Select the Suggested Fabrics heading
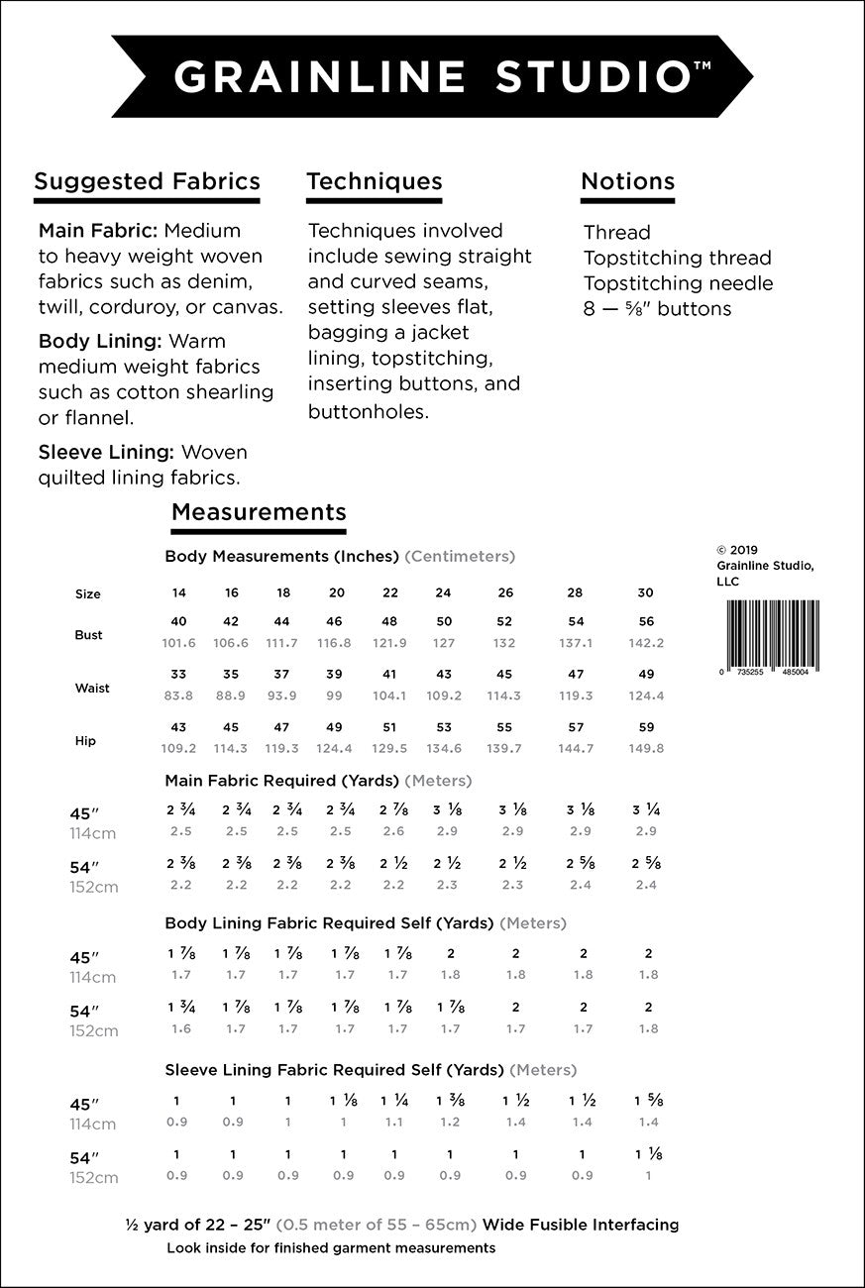pyautogui.click(x=147, y=181)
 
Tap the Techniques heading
pyautogui.click(x=374, y=181)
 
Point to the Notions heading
pyautogui.click(x=627, y=181)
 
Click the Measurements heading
pyautogui.click(x=259, y=512)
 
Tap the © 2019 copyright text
pyautogui.click(x=736, y=548)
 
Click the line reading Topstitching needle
pyautogui.click(x=678, y=283)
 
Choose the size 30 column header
pyautogui.click(x=645, y=592)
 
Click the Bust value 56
pyautogui.click(x=646, y=621)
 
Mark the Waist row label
pyautogui.click(x=92, y=688)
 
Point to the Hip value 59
pyautogui.click(x=646, y=727)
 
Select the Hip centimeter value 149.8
pyautogui.click(x=646, y=748)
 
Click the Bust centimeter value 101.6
pyautogui.click(x=178, y=642)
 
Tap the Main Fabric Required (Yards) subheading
pyautogui.click(x=282, y=781)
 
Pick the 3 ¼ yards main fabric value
pyautogui.click(x=646, y=809)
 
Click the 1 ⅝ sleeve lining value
pyautogui.click(x=648, y=1101)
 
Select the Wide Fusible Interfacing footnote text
pyautogui.click(x=402, y=1225)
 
